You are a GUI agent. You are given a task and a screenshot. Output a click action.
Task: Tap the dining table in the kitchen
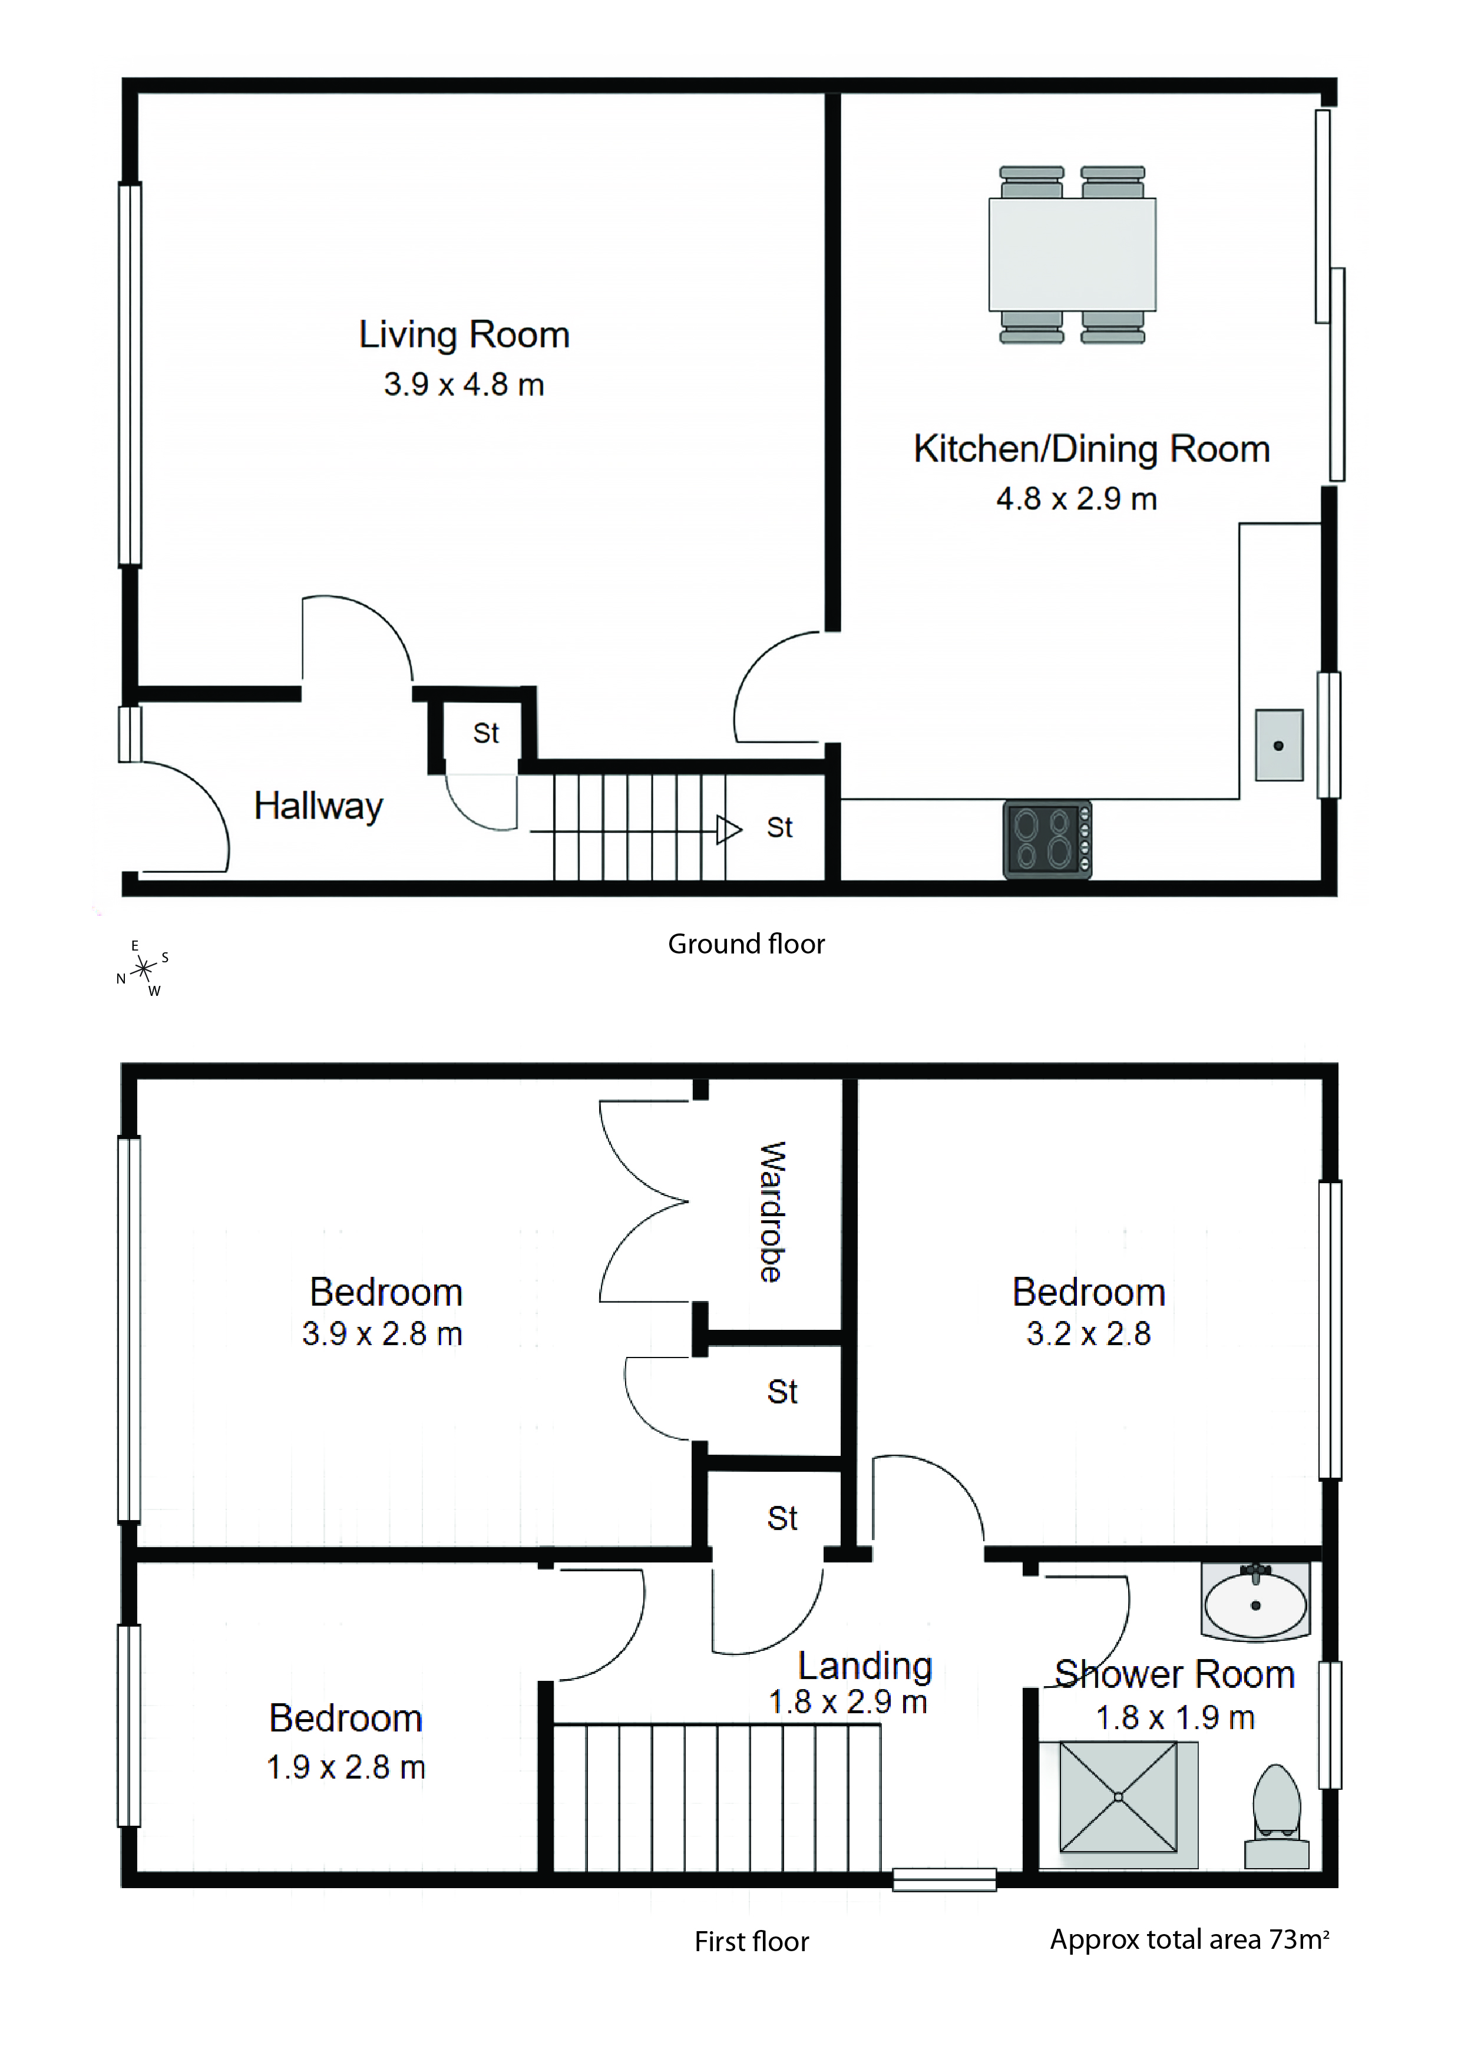pos(1072,254)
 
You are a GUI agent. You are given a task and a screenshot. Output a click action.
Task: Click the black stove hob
pos(1047,839)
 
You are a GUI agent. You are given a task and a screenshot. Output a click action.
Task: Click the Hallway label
pos(319,806)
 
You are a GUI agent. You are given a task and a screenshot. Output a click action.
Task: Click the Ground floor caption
pos(746,944)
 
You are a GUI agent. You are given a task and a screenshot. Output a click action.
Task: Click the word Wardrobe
pos(772,1211)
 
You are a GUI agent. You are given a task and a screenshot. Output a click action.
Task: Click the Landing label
pos(865,1667)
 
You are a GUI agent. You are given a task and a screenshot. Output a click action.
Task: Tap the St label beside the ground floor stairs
pos(779,828)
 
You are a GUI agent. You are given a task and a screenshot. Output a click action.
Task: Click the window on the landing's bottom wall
pos(944,1880)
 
